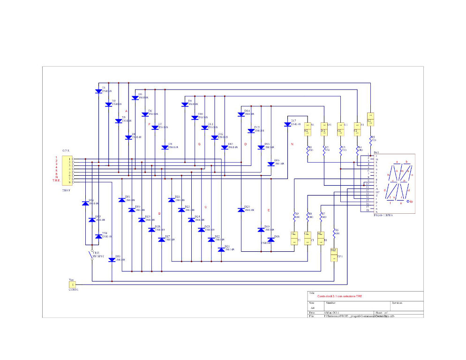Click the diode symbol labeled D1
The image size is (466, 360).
(x=98, y=91)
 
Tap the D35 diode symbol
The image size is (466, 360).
(x=112, y=260)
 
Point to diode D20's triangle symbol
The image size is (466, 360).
(x=241, y=209)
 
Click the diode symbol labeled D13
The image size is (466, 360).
(x=225, y=147)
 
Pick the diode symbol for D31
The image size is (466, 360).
(x=122, y=200)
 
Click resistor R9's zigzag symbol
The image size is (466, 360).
(x=294, y=216)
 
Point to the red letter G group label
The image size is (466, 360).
(x=199, y=144)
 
